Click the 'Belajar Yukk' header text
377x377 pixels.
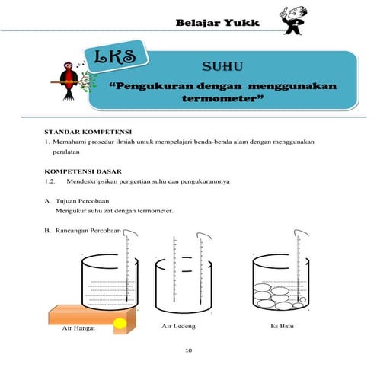tap(217, 23)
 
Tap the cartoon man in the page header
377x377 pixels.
tap(292, 21)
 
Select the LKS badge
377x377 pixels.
tap(116, 56)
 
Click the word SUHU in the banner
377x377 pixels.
tap(222, 66)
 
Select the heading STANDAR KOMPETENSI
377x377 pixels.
tap(88, 132)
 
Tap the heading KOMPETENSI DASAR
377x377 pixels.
tap(83, 171)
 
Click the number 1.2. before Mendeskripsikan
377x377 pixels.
tap(50, 181)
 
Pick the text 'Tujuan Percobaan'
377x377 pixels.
tap(82, 201)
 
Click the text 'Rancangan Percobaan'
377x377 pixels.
tap(88, 231)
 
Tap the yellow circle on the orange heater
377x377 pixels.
tap(120, 324)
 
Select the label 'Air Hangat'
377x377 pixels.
tap(78, 328)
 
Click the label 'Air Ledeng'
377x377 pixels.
tap(179, 326)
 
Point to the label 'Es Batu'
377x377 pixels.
tap(282, 326)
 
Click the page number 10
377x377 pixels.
tap(188, 350)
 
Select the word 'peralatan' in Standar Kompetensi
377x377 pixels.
tap(66, 152)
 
